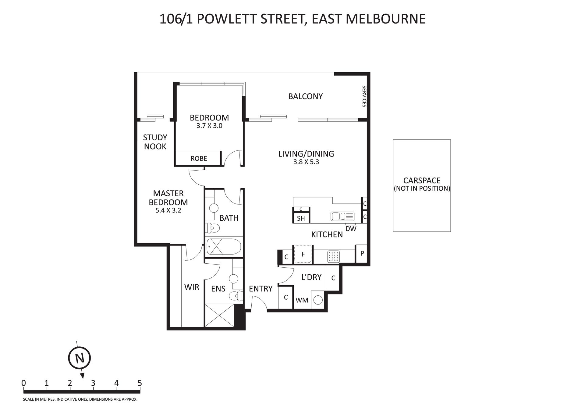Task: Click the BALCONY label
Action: tap(305, 96)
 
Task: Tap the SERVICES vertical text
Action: tap(364, 96)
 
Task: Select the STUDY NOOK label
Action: tap(155, 142)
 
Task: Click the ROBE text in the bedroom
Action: tap(199, 158)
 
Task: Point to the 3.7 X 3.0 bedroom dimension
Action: tap(209, 126)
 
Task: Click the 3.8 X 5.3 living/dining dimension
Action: tap(306, 162)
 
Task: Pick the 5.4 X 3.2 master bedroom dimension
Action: tap(168, 210)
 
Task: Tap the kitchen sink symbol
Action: tap(342, 216)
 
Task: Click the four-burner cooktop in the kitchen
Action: tap(333, 256)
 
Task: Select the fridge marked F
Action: tap(303, 254)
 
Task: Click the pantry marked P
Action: tap(362, 254)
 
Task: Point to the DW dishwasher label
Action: tap(351, 229)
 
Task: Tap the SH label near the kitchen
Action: tap(301, 218)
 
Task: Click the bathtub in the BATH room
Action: tap(224, 247)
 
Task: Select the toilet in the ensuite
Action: tap(235, 296)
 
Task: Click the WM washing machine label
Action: tap(302, 300)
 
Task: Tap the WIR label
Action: tap(192, 287)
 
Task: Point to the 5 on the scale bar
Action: tap(140, 383)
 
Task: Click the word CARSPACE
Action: tap(422, 181)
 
